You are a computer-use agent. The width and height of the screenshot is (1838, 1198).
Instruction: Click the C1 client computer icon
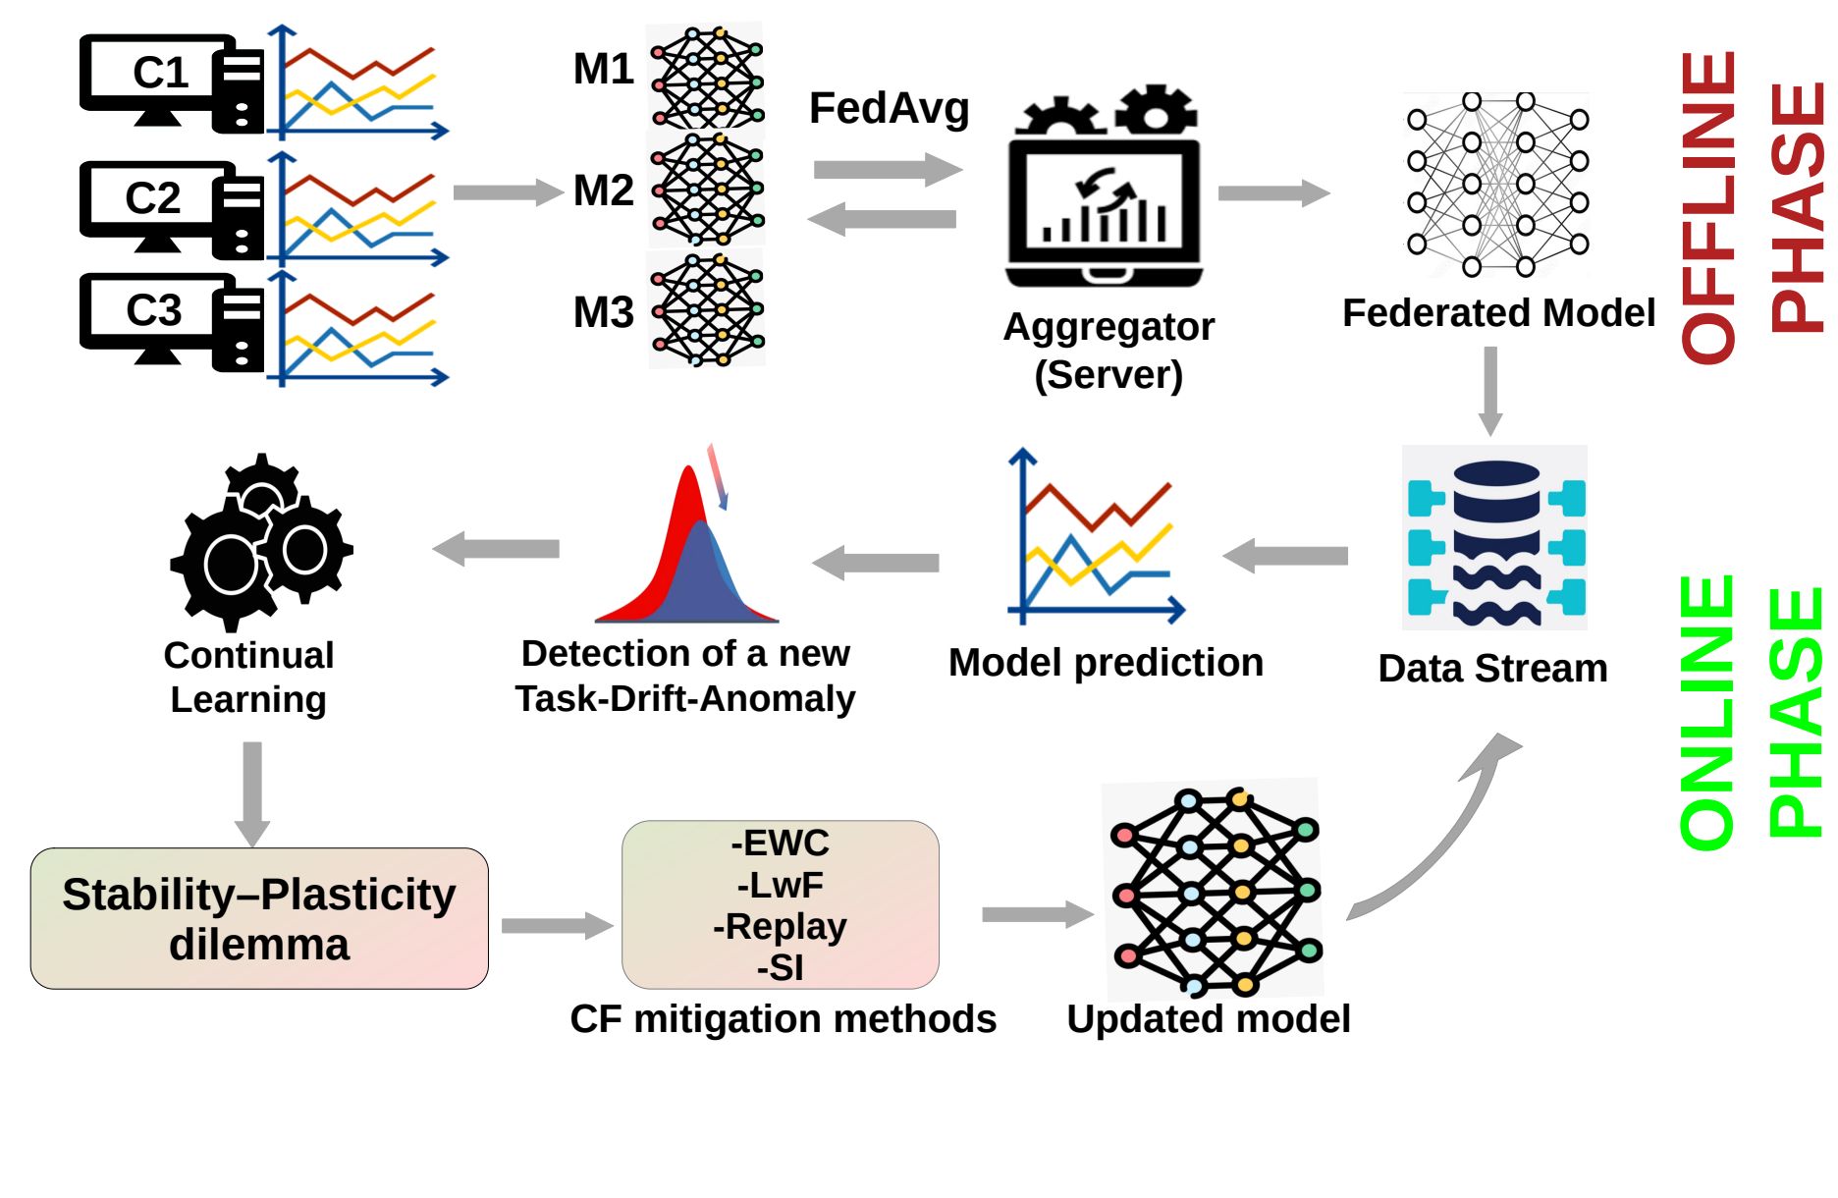pyautogui.click(x=172, y=82)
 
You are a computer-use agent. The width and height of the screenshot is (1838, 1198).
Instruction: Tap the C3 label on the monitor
pyautogui.click(x=154, y=310)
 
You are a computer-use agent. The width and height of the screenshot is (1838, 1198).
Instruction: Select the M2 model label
pyautogui.click(x=603, y=191)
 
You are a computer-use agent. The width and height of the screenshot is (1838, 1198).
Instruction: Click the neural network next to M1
pyautogui.click(x=706, y=76)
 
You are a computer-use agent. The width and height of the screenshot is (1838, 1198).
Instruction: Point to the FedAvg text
pyautogui.click(x=889, y=108)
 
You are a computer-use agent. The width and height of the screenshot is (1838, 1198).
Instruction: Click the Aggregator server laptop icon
pyautogui.click(x=1105, y=191)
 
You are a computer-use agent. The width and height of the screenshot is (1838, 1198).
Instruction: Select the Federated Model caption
pyautogui.click(x=1498, y=313)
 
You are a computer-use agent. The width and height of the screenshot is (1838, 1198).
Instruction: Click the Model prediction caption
pyautogui.click(x=1106, y=663)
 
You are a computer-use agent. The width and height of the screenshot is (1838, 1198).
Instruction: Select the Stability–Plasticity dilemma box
pyautogui.click(x=259, y=918)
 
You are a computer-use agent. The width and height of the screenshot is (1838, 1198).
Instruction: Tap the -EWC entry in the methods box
pyautogui.click(x=781, y=844)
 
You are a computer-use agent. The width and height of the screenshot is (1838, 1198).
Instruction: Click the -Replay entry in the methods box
pyautogui.click(x=781, y=927)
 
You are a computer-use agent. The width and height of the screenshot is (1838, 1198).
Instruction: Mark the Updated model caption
pyautogui.click(x=1209, y=1019)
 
